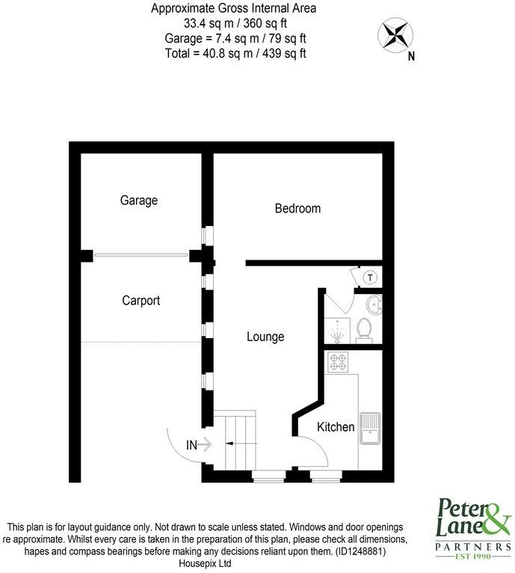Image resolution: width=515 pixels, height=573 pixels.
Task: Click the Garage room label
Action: coord(139,200)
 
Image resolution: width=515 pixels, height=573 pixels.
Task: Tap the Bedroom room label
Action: coord(297,209)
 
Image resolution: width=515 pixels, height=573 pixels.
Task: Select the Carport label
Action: coord(141,301)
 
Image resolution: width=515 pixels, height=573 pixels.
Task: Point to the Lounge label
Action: coord(265,337)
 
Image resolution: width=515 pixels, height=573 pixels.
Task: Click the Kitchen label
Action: coord(336,427)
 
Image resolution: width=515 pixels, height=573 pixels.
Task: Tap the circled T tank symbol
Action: coord(369,278)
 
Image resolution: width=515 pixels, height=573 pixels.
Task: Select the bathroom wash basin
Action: coord(374,303)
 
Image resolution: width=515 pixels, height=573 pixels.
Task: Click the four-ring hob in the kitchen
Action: coord(337,362)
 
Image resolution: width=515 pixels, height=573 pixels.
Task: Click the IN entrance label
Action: coord(191,445)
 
